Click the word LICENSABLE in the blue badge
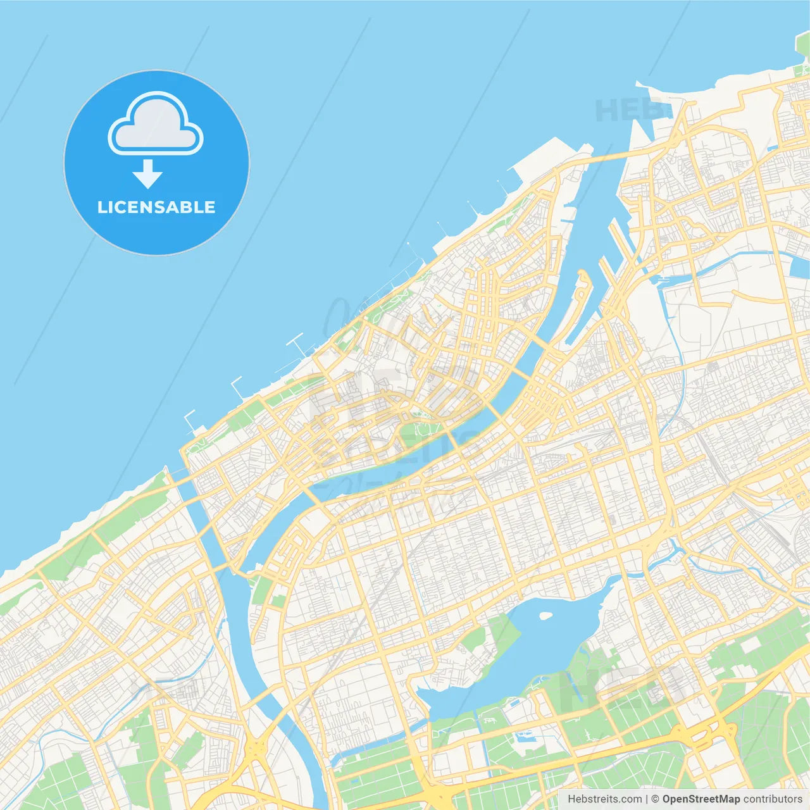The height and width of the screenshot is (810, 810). (156, 208)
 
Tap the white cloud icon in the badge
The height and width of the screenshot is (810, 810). (156, 125)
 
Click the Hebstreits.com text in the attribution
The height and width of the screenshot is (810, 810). (604, 799)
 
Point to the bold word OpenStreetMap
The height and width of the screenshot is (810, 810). (701, 799)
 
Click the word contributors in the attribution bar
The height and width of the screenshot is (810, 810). (772, 799)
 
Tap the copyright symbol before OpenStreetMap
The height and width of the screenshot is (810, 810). (655, 799)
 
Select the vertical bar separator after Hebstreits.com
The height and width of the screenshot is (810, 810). (647, 799)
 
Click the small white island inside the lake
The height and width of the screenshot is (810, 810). (545, 614)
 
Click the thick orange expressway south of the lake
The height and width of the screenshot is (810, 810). (633, 747)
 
